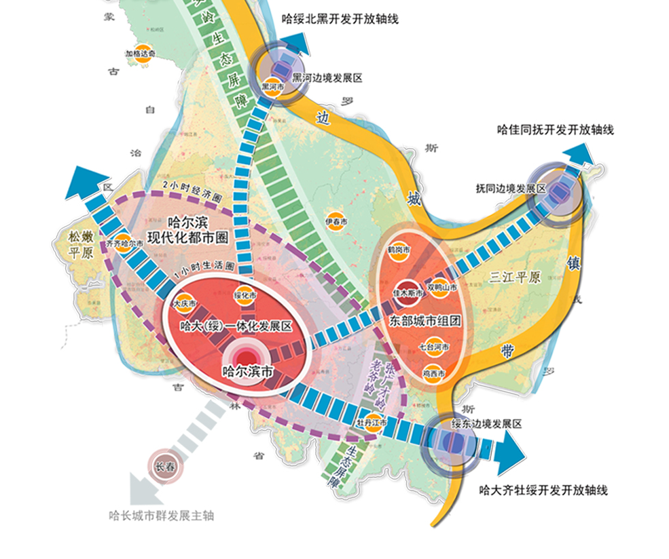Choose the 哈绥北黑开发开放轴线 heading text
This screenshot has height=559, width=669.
pyautogui.click(x=340, y=19)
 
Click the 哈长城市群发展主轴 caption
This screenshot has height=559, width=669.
pyautogui.click(x=162, y=515)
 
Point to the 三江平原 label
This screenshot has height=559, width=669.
pyautogui.click(x=514, y=277)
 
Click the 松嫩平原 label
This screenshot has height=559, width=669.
pyautogui.click(x=79, y=243)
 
